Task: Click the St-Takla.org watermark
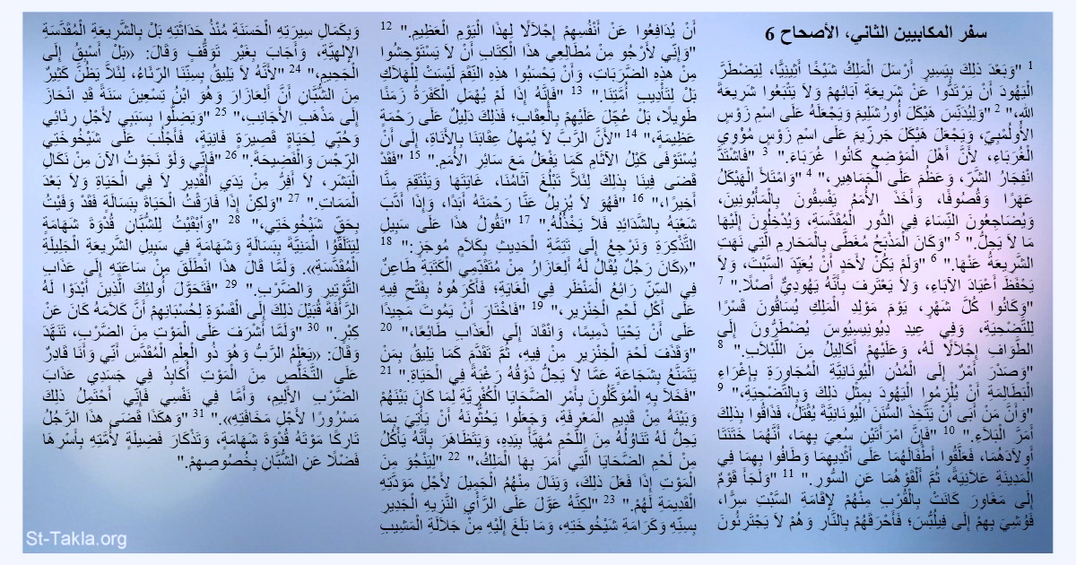tap(65, 539)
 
